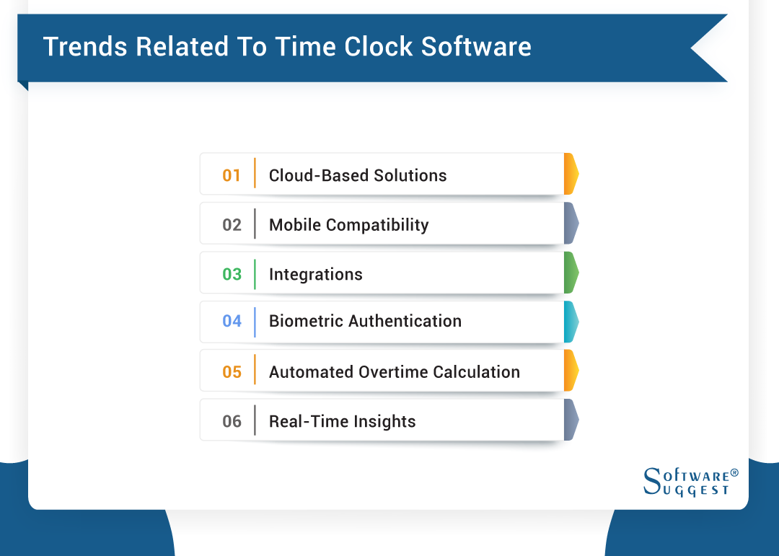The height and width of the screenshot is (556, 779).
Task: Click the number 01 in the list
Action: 232,175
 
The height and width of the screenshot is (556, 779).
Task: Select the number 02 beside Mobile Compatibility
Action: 232,225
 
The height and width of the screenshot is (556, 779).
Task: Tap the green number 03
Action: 232,274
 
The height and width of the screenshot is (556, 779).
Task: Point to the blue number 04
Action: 232,321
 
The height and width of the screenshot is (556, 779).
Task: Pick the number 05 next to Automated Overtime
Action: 232,372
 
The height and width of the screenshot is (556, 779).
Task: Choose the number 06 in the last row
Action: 232,421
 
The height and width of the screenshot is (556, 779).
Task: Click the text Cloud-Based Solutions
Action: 358,175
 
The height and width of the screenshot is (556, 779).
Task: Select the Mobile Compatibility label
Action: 348,225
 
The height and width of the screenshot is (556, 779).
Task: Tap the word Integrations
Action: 315,274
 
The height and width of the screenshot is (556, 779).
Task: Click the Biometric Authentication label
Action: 365,321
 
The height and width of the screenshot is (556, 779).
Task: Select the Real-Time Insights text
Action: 342,421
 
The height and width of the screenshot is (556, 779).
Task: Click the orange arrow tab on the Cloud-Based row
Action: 571,174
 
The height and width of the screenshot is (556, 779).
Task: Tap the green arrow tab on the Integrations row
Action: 571,273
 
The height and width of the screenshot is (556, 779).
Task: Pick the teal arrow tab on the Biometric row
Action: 571,322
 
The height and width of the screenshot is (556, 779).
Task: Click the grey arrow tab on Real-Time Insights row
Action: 571,420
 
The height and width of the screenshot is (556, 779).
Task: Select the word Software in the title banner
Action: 476,47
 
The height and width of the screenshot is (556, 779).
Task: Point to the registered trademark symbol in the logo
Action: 734,473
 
